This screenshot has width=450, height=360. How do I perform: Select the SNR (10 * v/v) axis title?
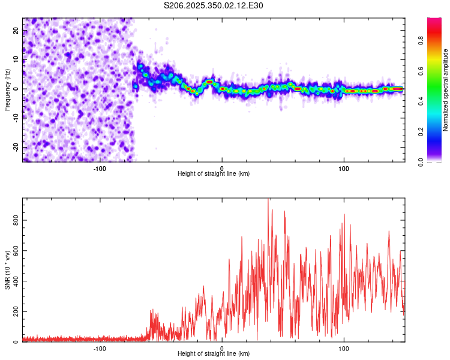click(x=7, y=269)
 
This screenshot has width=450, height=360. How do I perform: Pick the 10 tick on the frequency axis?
click(x=17, y=59)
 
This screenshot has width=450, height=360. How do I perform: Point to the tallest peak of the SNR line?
click(x=268, y=199)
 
